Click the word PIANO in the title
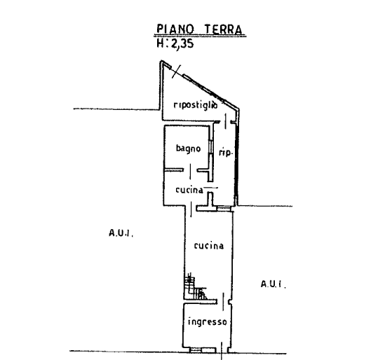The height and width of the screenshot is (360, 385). [x=175, y=29]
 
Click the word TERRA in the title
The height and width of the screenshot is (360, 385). [x=224, y=29]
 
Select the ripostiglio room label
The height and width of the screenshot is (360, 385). [x=196, y=105]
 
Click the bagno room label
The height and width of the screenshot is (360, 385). [x=189, y=148]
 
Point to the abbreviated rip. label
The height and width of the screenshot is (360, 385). [x=225, y=153]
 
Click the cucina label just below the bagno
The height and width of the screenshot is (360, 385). [x=189, y=190]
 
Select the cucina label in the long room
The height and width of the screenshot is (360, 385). [x=209, y=246]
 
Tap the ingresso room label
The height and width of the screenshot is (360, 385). [x=208, y=321]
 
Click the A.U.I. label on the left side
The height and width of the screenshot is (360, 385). [x=121, y=233]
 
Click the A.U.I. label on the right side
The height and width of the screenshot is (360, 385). [x=273, y=284]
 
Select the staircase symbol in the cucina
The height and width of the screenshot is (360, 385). [x=196, y=286]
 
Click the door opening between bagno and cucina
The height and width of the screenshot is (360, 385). [x=191, y=172]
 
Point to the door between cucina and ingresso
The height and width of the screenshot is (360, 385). [x=223, y=302]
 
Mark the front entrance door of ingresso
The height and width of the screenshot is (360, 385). [x=222, y=351]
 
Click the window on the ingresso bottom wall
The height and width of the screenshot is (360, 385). [x=196, y=350]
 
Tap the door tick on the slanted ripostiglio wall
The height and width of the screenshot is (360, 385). [x=177, y=71]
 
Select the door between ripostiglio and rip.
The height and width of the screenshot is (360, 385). [x=225, y=121]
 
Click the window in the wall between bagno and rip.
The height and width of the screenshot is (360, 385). [x=210, y=147]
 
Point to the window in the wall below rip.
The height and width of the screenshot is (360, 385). [x=224, y=209]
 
